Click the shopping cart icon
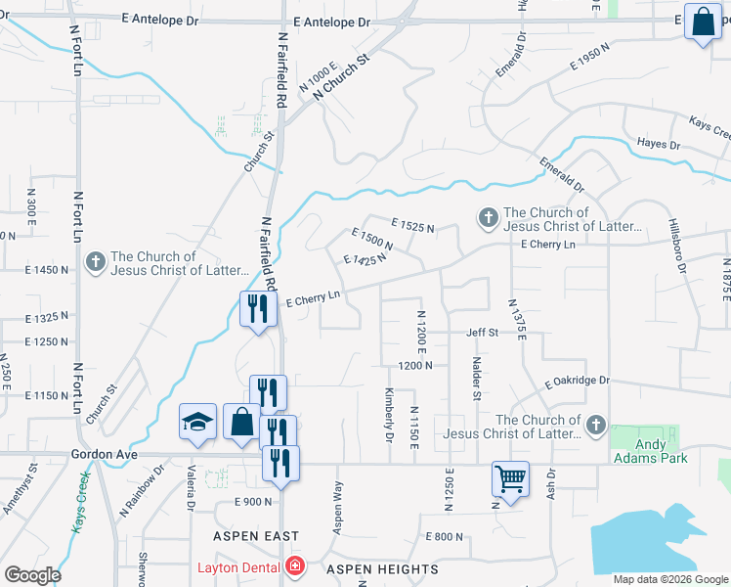pyautogui.click(x=510, y=479)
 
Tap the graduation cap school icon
pyautogui.click(x=197, y=423)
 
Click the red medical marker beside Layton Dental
pyautogui.click(x=294, y=567)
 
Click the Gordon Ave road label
pyautogui.click(x=102, y=455)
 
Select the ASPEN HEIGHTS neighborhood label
pyautogui.click(x=382, y=569)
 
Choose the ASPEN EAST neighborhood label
pyautogui.click(x=257, y=536)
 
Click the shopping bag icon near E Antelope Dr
pyautogui.click(x=703, y=22)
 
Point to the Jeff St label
pyautogui.click(x=482, y=333)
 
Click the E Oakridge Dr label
pyautogui.click(x=578, y=381)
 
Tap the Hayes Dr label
pyautogui.click(x=658, y=144)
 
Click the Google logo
pyautogui.click(x=32, y=575)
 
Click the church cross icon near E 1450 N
pyautogui.click(x=95, y=261)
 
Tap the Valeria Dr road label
pyautogui.click(x=192, y=494)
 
